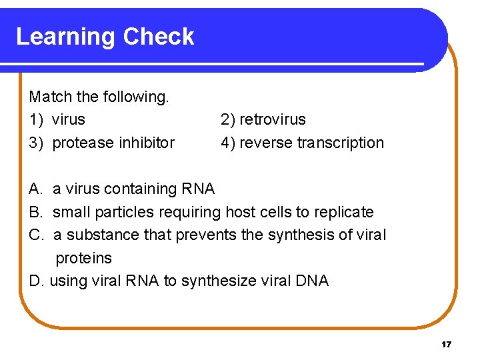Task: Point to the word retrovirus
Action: coord(273,120)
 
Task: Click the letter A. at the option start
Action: coord(36,189)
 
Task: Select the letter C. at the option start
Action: coord(37,235)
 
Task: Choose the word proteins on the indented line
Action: coord(83,258)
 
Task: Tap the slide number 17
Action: coord(446,345)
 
